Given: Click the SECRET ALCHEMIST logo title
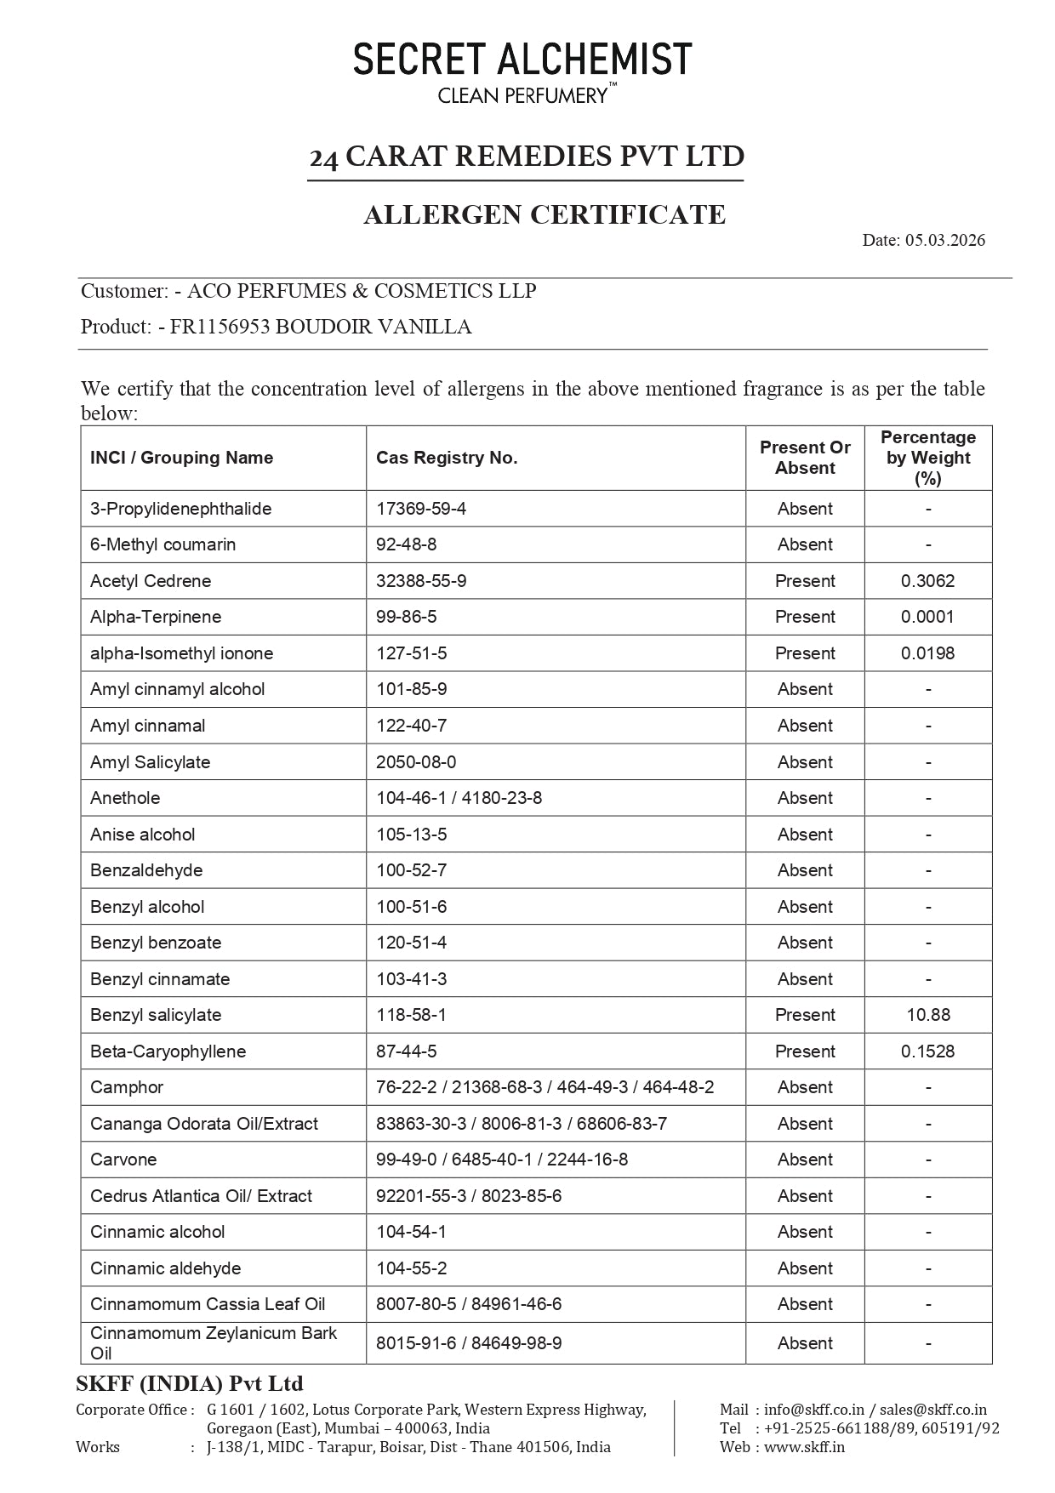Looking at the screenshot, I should [x=522, y=60].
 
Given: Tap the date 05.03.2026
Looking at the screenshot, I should [x=944, y=240].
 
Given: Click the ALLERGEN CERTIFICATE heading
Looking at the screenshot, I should [x=545, y=214].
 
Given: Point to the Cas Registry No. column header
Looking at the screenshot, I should [x=447, y=458].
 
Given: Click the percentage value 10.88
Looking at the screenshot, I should [x=928, y=1015].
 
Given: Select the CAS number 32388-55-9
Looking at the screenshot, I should [x=421, y=581].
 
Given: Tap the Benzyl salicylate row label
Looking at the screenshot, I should [x=156, y=1015].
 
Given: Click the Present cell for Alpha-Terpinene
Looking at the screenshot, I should [x=805, y=617].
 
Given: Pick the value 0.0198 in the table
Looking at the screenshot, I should [x=928, y=653].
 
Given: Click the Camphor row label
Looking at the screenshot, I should [x=127, y=1087].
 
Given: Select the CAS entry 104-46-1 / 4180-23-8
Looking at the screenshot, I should [x=459, y=798].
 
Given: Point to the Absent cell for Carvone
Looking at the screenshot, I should [x=805, y=1160].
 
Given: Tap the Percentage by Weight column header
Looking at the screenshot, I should [x=928, y=458].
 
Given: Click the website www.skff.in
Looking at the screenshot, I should [x=804, y=1447].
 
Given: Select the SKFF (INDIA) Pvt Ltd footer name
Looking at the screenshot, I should [x=190, y=1383].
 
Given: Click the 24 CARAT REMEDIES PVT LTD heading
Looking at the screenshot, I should [x=527, y=157].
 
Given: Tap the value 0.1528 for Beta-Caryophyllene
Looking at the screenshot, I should [x=928, y=1051].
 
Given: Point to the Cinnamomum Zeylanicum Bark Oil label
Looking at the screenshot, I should [x=213, y=1342].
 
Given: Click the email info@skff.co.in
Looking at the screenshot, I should [x=813, y=1410].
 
